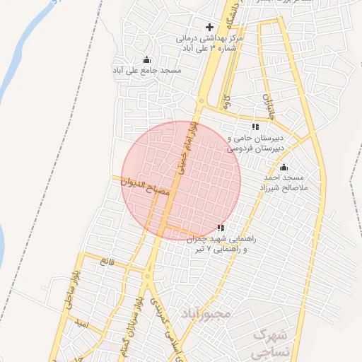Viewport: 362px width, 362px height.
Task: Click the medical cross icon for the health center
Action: click(209, 27)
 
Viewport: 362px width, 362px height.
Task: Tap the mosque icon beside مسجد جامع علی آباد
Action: click(146, 59)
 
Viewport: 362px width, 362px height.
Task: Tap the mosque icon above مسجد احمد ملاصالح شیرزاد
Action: click(284, 168)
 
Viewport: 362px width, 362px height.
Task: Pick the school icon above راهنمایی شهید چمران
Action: click(221, 228)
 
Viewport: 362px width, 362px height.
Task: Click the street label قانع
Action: click(107, 262)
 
